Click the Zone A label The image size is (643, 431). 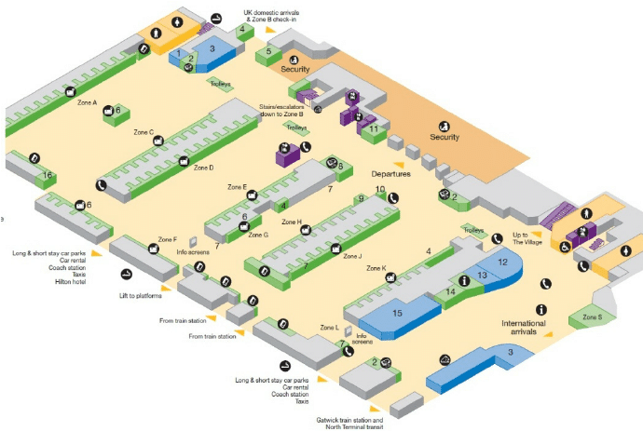pos(88,102)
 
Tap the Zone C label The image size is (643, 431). pos(144,132)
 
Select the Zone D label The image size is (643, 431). pos(204,168)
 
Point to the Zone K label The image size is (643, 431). pos(376,268)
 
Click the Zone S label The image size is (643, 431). pos(593,317)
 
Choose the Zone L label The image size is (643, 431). pos(330,328)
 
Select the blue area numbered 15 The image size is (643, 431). pos(397,313)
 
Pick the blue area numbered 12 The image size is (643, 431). pos(502,263)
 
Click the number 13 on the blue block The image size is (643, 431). pos(481,276)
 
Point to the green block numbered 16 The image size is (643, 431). pos(47,175)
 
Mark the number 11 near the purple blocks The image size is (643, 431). pos(375,130)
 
